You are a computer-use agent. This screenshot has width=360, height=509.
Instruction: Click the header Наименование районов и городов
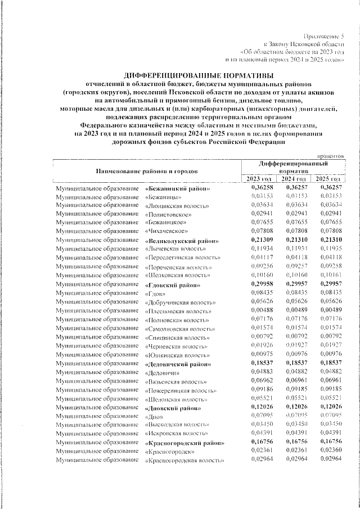[146, 170]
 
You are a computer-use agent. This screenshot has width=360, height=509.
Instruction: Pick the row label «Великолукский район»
[182, 241]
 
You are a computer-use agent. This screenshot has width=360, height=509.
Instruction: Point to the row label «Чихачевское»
[168, 232]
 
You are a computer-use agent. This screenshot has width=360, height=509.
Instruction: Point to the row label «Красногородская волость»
[183, 460]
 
